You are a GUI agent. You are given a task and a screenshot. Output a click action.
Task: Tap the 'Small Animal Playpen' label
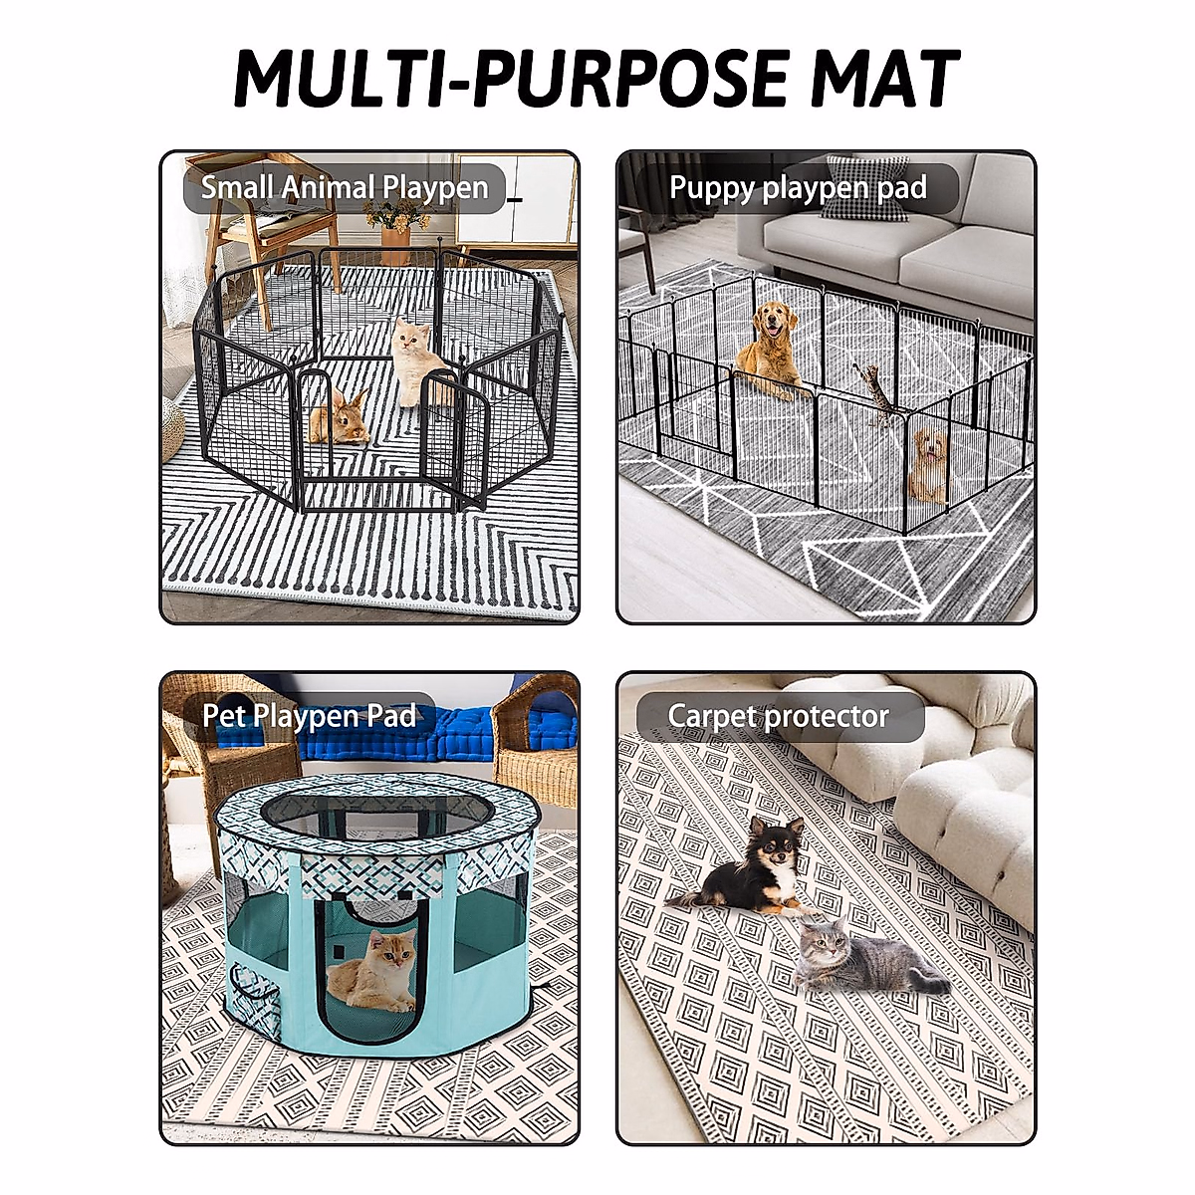[345, 188]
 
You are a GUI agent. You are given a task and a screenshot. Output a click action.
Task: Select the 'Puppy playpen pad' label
[798, 188]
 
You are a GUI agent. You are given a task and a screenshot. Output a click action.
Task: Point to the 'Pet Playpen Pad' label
[309, 716]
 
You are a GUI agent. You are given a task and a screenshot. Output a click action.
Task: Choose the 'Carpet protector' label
[778, 716]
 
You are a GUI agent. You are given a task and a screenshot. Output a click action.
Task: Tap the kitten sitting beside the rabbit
[413, 358]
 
